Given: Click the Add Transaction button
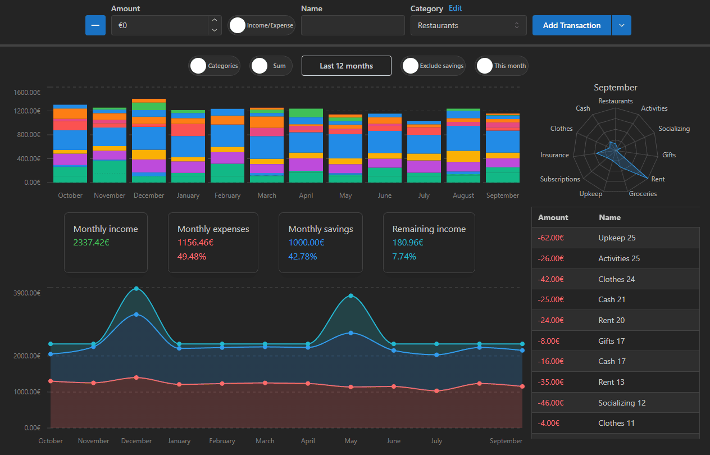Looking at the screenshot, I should click(571, 25).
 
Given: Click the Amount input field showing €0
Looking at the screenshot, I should click(160, 25).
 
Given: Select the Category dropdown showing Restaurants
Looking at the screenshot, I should click(468, 25).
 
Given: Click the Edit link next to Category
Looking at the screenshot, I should click(455, 8).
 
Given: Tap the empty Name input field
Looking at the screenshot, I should click(353, 25).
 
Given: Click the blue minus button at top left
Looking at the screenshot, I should click(95, 25).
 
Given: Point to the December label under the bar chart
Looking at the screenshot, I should click(149, 195).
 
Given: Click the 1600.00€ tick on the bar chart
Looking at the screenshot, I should click(28, 93).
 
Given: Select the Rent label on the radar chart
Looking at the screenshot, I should click(658, 179).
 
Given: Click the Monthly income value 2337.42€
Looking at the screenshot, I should click(91, 243).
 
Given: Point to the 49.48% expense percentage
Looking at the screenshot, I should click(192, 257).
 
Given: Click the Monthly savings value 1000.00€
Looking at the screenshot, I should click(306, 243).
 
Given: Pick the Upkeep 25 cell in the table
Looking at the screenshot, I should click(617, 238).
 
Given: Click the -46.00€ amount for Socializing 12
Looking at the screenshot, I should click(550, 403).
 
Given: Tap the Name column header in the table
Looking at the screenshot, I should click(609, 217).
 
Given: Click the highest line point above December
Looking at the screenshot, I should click(136, 289).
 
